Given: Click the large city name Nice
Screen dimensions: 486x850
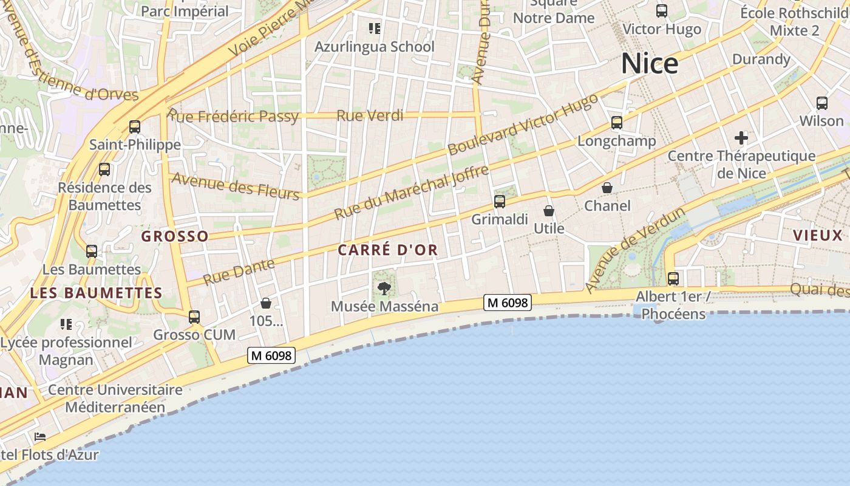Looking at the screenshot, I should coord(649,64).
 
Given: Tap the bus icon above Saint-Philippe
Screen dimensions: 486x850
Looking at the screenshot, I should coord(135,127).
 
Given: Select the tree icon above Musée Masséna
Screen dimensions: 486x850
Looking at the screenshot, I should coord(384,289).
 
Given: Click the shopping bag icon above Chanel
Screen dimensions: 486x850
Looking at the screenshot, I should coord(607,188).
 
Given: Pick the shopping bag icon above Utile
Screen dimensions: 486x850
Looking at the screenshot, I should coord(549,211).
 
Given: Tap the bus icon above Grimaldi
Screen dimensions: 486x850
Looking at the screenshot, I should coord(500,202).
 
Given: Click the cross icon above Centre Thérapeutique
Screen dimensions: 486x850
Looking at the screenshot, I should coord(741,138).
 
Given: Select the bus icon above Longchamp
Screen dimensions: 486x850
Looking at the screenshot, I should coord(617,123).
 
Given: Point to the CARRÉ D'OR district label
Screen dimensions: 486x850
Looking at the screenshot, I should coord(387,250).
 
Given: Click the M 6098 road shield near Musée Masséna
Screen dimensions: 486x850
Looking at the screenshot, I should coord(508,302).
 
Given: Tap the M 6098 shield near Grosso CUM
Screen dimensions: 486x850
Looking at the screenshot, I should coord(271,356).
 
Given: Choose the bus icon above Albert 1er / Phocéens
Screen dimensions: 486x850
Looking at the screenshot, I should coord(673,279).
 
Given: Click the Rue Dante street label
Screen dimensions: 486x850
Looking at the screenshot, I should coord(239,272).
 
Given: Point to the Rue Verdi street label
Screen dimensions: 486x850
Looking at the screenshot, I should coord(370,115).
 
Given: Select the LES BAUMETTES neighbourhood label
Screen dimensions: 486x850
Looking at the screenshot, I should coord(96,293).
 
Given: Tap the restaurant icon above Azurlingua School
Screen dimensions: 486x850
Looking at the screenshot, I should coord(375,29).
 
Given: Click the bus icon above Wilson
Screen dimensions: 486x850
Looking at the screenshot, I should coord(822,103).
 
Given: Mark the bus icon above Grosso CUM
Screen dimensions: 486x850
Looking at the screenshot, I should coord(194,317).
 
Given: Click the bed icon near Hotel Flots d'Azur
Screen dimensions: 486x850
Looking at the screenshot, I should coord(40,437).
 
